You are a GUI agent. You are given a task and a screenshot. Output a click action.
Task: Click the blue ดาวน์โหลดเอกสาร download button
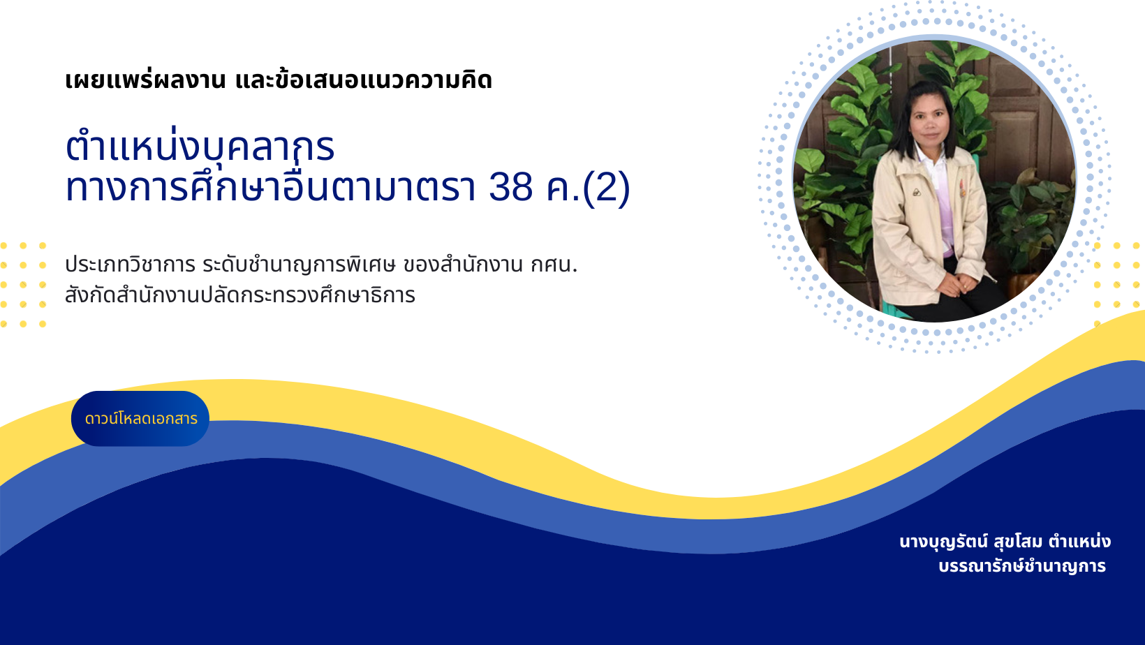pyautogui.click(x=140, y=419)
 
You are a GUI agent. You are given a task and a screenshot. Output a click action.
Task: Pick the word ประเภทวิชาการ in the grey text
pyautogui.click(x=131, y=265)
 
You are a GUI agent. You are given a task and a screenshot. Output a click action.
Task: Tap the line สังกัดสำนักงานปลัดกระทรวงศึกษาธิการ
pyautogui.click(x=240, y=295)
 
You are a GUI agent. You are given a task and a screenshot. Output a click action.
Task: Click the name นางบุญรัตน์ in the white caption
pyautogui.click(x=944, y=542)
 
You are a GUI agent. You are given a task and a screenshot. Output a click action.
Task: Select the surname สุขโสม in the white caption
pyautogui.click(x=1018, y=542)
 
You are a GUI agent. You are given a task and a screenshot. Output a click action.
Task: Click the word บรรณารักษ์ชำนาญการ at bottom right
pyautogui.click(x=1022, y=566)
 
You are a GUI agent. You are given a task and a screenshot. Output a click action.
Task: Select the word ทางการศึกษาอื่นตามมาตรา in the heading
pyautogui.click(x=274, y=187)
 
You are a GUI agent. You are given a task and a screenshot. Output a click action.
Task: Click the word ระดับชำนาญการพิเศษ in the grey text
pyautogui.click(x=299, y=265)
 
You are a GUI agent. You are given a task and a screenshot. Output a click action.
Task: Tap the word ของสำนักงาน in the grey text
pyautogui.click(x=464, y=265)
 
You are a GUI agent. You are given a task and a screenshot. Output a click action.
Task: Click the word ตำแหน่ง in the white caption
pyautogui.click(x=1079, y=542)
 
